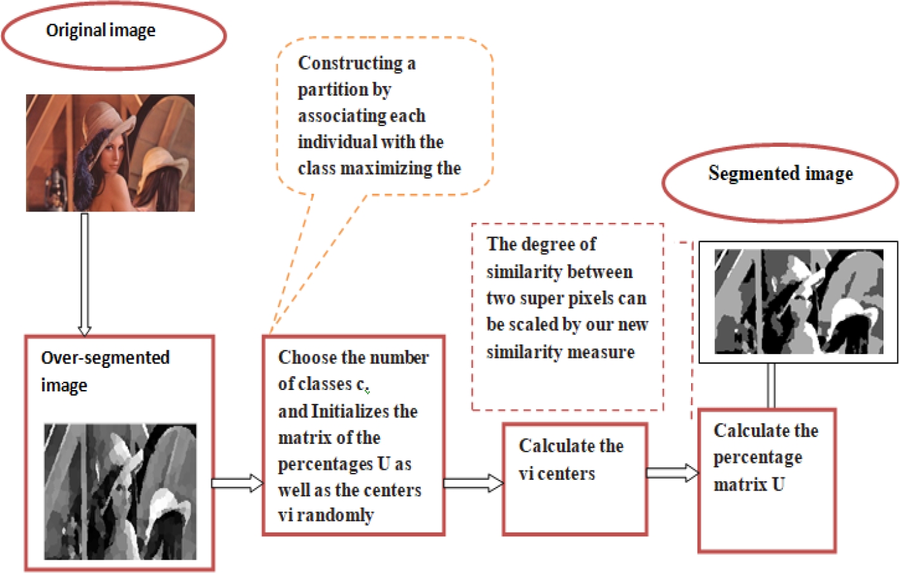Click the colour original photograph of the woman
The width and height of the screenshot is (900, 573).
[x=110, y=153]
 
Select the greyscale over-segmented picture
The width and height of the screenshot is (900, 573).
[x=120, y=491]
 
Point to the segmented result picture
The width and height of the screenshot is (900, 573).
[x=799, y=301]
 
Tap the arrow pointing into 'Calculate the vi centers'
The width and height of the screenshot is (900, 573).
[x=473, y=484]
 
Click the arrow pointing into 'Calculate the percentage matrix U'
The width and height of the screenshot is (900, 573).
[x=672, y=473]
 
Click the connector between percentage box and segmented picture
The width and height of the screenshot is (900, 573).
[x=770, y=386]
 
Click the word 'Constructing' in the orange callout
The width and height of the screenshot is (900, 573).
[x=350, y=63]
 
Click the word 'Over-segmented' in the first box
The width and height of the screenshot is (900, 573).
[x=105, y=358]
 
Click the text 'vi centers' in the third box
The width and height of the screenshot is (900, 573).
[x=557, y=474]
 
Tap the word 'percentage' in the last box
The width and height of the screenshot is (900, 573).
[x=758, y=458]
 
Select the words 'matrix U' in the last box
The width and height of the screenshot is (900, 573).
[x=749, y=485]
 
